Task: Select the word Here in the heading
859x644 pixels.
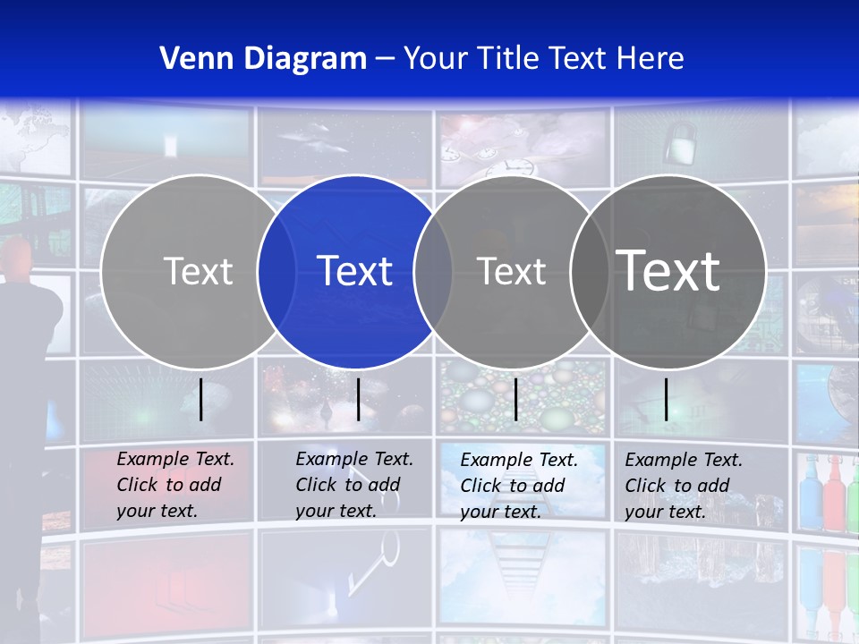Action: tap(651, 59)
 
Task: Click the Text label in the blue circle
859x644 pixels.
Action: tap(355, 271)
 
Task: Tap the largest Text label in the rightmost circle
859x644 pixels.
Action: tap(668, 270)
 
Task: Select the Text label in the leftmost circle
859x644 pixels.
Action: tap(199, 271)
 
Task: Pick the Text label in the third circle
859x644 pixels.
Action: tap(512, 271)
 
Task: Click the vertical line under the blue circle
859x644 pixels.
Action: tap(358, 399)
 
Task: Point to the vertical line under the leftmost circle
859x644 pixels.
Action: tap(201, 399)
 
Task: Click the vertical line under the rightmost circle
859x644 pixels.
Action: tap(667, 399)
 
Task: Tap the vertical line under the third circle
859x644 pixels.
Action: tap(515, 399)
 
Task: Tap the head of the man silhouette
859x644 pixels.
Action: tap(21, 260)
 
